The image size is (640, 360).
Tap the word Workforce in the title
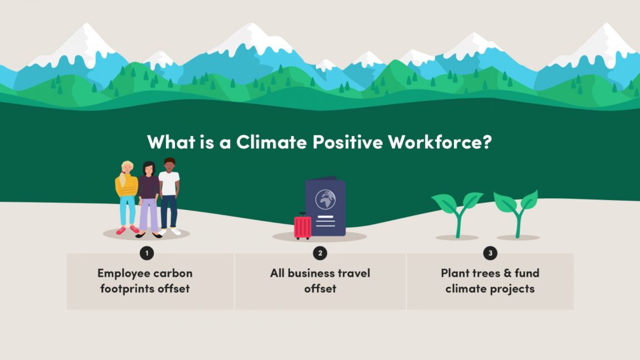click(x=439, y=142)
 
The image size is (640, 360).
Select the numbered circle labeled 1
click(x=147, y=253)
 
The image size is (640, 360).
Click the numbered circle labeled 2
click(x=319, y=253)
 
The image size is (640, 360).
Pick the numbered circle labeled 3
click(x=490, y=253)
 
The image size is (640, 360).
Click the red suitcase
click(x=303, y=227)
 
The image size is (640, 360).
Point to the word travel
click(x=349, y=273)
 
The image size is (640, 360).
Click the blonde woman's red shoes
click(x=127, y=229)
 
